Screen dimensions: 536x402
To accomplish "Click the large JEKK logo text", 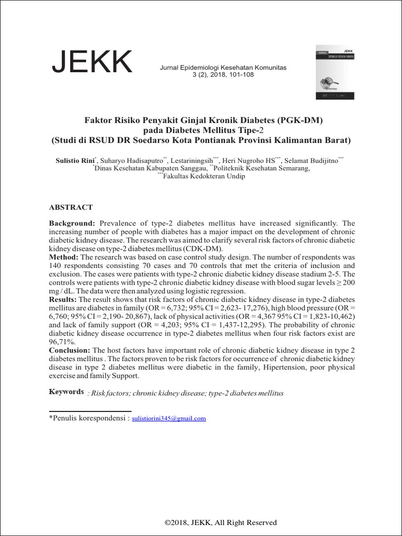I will (x=92, y=63).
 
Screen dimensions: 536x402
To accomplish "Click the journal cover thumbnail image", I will (x=334, y=72).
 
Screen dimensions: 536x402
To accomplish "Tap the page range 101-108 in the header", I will (x=243, y=75).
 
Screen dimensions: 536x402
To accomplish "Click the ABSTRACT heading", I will (x=71, y=207).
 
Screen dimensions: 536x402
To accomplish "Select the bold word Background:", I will (x=72, y=224).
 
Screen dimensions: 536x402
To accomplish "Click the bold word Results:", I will (x=63, y=299).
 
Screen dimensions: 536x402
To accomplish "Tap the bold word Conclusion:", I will (x=70, y=350).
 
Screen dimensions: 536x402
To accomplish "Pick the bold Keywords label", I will (x=66, y=392).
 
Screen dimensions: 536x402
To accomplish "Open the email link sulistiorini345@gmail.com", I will (x=169, y=419).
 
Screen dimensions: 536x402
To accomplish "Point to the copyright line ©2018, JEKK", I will (x=220, y=522).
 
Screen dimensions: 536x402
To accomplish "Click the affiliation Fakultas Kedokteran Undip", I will (x=204, y=177).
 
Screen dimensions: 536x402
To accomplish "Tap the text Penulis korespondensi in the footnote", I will (x=88, y=419).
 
